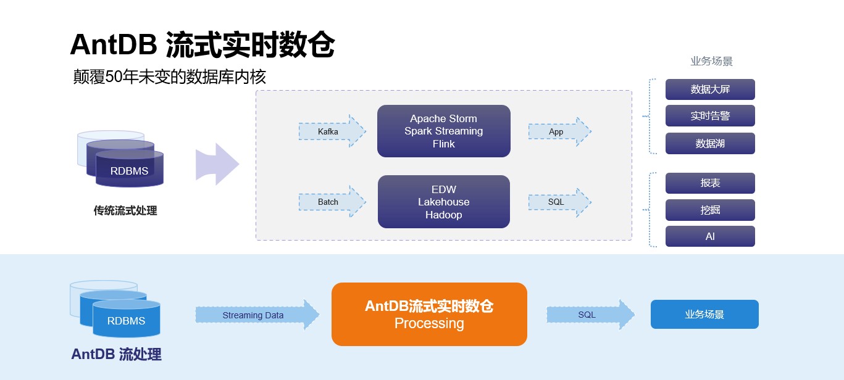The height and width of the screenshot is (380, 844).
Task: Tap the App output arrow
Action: (559, 131)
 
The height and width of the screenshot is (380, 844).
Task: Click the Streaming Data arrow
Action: (257, 315)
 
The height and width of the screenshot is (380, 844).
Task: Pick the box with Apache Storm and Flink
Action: (443, 131)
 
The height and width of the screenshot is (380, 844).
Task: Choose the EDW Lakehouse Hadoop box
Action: (443, 202)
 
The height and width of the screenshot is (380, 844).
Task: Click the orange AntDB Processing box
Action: (429, 314)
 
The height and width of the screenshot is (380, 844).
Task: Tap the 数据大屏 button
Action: (710, 89)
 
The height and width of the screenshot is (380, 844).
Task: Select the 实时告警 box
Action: (710, 116)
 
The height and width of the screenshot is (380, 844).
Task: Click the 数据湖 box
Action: (710, 143)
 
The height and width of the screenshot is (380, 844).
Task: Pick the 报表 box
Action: (710, 183)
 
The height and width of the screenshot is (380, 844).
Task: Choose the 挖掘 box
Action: (710, 210)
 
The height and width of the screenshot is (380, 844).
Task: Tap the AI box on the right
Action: (710, 236)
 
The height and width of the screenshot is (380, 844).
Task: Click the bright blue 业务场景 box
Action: (704, 314)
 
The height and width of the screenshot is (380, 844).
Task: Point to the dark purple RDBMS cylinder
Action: (129, 170)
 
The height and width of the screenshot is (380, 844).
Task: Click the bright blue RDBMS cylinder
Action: (126, 320)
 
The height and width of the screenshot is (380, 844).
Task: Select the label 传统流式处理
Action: (125, 210)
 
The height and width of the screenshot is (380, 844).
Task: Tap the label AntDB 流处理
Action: (116, 354)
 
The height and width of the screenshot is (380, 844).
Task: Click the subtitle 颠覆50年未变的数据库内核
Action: (169, 77)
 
